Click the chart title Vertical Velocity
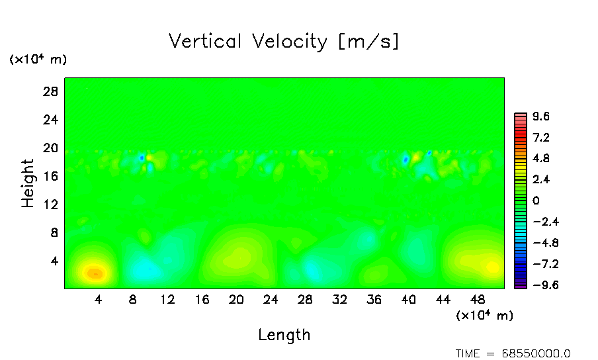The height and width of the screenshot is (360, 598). (x=284, y=41)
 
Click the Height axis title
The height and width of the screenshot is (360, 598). (x=28, y=183)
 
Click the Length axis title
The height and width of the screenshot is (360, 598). (x=284, y=334)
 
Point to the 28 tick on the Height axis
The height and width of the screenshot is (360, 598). (x=52, y=92)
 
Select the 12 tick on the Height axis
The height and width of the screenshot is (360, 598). (x=52, y=204)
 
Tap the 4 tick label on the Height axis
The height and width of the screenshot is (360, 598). (x=56, y=261)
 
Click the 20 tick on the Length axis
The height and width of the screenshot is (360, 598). (x=236, y=299)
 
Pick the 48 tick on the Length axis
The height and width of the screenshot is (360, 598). (x=443, y=299)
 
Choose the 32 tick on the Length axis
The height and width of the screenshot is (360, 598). (x=339, y=299)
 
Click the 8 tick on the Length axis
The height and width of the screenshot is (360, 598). (x=133, y=299)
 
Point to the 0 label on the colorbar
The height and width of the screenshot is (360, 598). (x=536, y=201)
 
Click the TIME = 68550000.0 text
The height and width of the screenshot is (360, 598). (x=513, y=353)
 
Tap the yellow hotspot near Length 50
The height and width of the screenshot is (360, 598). (x=492, y=267)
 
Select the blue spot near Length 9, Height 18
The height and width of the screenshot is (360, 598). (x=142, y=157)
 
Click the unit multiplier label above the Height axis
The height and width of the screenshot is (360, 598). (x=38, y=59)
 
